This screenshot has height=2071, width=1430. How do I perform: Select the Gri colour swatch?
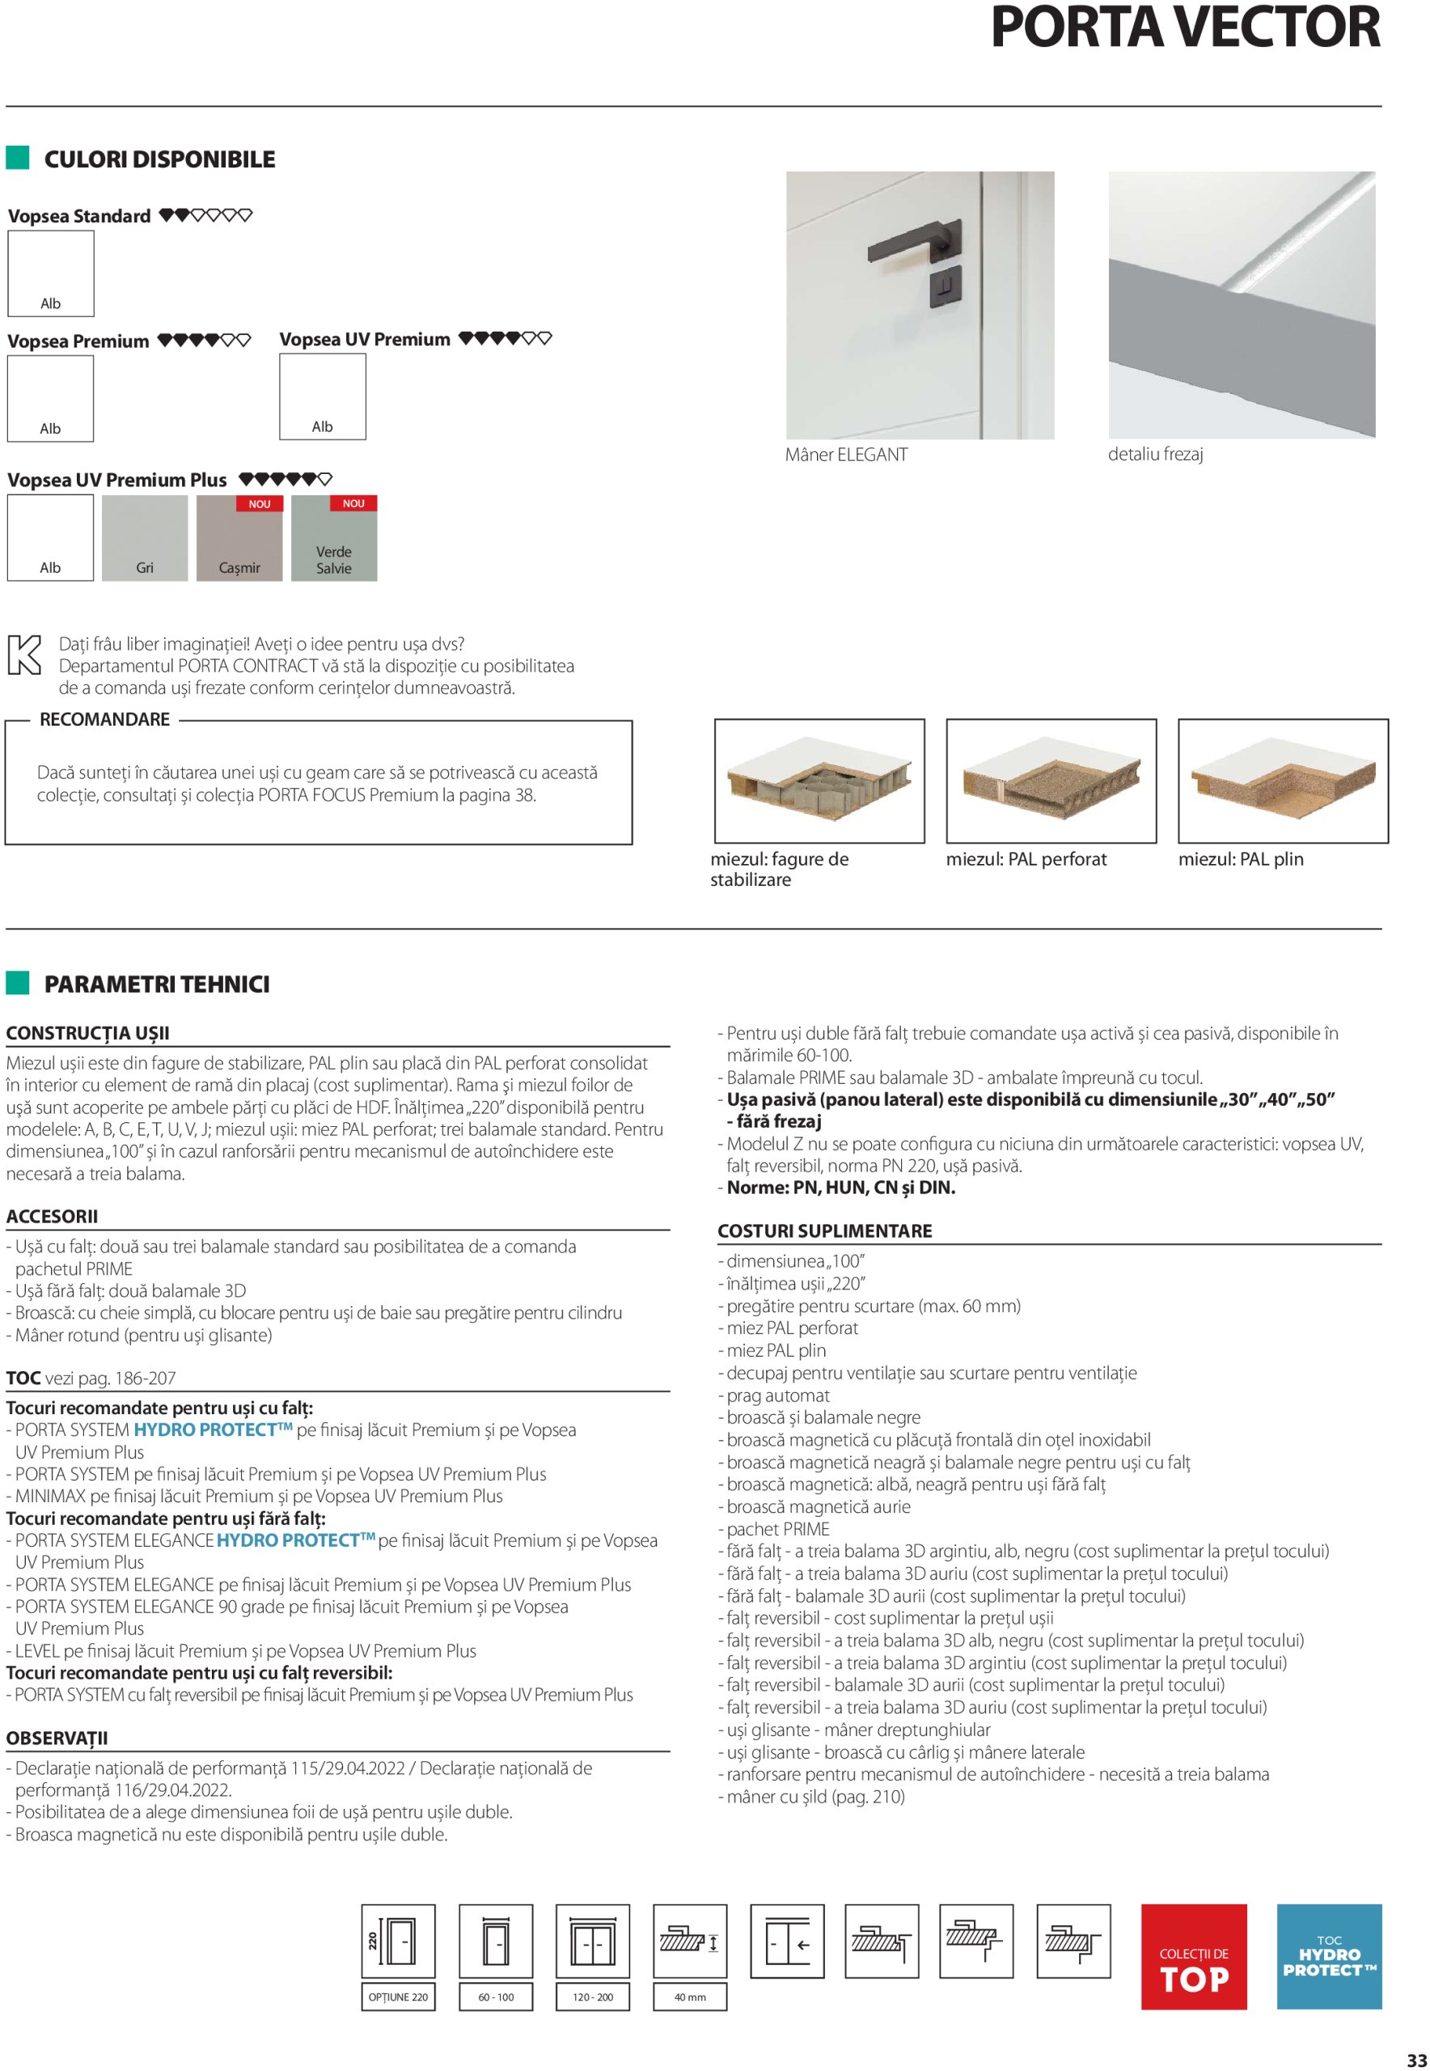144,538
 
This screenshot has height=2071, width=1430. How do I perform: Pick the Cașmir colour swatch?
239,538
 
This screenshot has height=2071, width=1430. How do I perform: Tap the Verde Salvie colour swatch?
333,538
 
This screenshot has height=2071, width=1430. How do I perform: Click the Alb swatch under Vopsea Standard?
51,273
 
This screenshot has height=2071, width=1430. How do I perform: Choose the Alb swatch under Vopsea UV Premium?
323,396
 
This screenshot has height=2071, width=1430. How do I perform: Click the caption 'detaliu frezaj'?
1155,455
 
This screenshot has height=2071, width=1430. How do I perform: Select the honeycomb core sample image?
819,780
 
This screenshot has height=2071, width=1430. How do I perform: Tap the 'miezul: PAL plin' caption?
1240,858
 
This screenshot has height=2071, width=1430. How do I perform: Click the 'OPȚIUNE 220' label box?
398,1997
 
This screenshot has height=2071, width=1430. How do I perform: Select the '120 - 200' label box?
593,1997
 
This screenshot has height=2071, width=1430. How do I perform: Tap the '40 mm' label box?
690,1997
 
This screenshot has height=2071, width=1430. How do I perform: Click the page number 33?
1415,2060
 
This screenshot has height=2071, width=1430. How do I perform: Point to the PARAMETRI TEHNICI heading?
157,984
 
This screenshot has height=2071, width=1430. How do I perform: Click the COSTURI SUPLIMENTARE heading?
824,1230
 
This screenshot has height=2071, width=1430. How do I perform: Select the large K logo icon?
24,654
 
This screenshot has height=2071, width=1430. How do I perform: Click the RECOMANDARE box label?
105,720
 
